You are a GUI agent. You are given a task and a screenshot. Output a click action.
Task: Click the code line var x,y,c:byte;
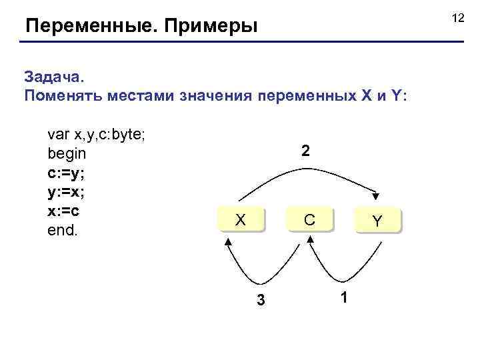pos(97,135)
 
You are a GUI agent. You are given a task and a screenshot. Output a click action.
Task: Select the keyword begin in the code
pos(67,154)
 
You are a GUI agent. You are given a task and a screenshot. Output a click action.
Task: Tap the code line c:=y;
pos(66,173)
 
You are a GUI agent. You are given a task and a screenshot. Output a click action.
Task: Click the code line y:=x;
pos(66,192)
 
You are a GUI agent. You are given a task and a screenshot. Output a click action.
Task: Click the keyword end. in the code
pos(63,231)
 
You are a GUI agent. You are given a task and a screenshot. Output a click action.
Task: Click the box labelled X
pos(241,220)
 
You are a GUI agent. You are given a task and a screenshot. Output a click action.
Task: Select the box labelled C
pos(309,220)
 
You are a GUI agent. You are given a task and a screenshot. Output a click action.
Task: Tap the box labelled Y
pos(377,221)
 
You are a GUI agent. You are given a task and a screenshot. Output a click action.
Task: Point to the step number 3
pos(261,301)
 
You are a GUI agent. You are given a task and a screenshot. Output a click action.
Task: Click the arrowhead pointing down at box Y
pos(376,196)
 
